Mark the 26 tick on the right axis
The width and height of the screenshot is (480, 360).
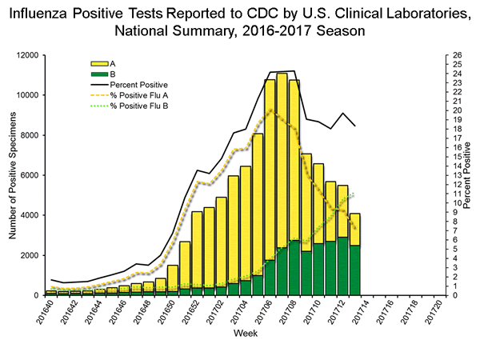coord(455,55)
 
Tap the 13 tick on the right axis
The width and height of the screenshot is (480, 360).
coord(455,175)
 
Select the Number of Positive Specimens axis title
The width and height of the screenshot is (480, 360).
coord(14,175)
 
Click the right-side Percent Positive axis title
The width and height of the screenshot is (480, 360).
coord(469,175)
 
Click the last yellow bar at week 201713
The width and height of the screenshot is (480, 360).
coord(354,229)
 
